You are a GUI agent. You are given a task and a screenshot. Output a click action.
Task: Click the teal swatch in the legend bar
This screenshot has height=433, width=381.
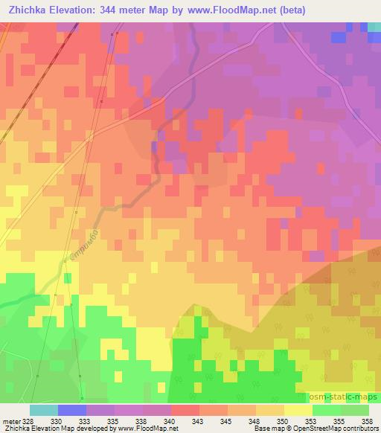pos(44,410)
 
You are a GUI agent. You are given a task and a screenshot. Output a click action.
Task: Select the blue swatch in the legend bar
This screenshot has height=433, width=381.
pos(72,410)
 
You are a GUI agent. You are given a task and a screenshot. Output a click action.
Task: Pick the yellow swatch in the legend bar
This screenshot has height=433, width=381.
pos(298,410)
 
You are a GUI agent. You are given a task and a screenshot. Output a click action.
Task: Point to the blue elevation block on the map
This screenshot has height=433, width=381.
pos(339,37)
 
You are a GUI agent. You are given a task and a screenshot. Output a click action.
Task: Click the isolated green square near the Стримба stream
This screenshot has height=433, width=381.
pos(68,278)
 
